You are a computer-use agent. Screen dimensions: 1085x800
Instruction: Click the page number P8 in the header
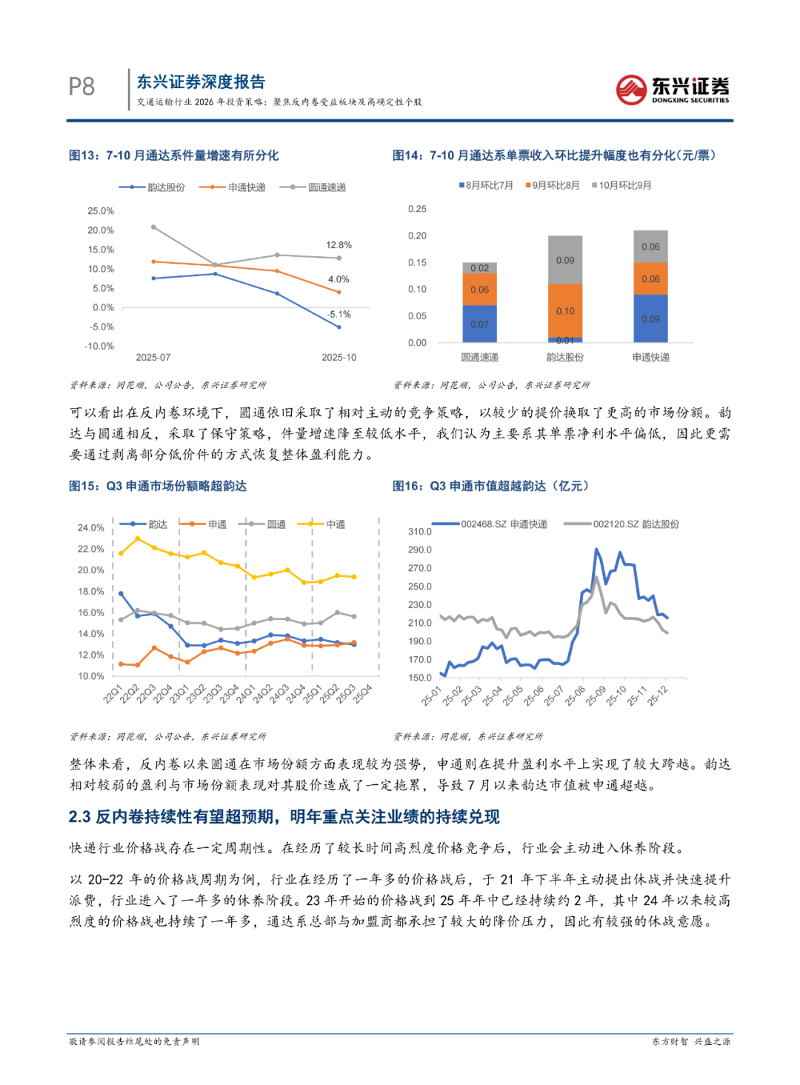81,87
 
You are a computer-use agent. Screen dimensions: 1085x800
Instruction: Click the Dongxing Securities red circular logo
631,90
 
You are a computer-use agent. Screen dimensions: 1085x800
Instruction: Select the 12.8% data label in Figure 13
339,245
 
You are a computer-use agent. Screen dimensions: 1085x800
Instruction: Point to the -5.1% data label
339,315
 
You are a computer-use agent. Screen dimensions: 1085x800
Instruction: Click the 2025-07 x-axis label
153,358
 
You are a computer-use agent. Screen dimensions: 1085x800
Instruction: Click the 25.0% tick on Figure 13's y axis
101,211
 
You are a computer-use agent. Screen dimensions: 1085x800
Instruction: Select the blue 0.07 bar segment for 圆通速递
479,324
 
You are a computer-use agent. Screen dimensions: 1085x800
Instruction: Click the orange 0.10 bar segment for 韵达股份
565,311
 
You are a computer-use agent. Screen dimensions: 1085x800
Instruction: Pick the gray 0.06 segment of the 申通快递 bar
650,247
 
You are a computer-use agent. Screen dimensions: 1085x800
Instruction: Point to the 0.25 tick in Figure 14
417,209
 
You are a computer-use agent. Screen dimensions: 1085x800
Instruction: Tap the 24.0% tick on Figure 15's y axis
90,528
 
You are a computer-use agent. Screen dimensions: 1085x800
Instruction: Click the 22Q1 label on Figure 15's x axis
113,694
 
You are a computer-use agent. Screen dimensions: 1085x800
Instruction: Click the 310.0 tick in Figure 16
419,532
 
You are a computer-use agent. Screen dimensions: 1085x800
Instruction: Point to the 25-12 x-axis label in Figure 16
658,695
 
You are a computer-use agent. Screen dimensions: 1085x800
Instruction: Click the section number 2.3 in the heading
79,817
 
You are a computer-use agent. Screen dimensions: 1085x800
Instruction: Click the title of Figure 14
553,156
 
